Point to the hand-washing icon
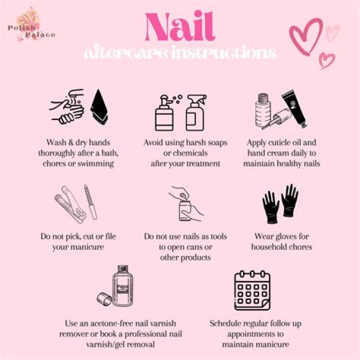[x=67, y=107]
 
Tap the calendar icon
[x=253, y=290]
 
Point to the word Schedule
[x=228, y=323]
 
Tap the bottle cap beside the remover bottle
[x=103, y=299]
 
